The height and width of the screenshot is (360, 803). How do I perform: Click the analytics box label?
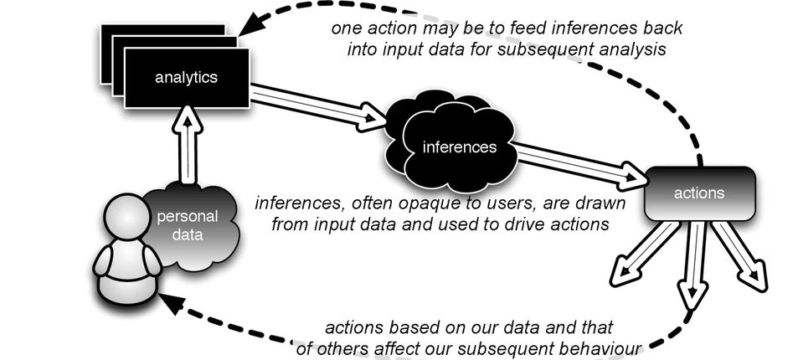click(x=186, y=78)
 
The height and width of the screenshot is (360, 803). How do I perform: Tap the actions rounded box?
click(x=699, y=193)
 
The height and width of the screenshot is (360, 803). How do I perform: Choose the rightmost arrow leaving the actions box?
click(x=742, y=256)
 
